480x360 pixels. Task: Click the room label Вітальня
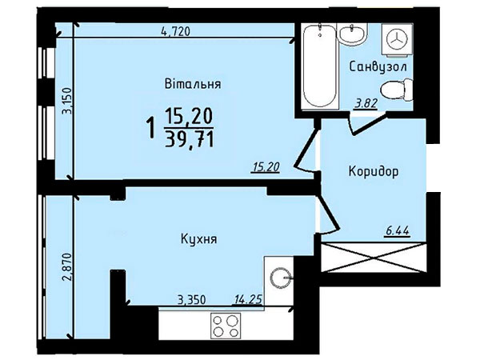click(193, 83)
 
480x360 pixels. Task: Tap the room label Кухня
click(198, 238)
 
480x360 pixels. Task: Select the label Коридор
click(374, 172)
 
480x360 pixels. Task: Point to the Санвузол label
click(378, 66)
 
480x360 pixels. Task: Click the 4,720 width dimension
click(175, 31)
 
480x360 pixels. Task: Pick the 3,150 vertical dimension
click(67, 101)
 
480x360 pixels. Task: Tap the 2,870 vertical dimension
click(67, 266)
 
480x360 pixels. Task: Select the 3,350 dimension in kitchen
click(192, 300)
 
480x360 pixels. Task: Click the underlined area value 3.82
click(366, 104)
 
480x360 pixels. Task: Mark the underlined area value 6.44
click(397, 231)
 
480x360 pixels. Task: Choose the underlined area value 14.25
click(248, 299)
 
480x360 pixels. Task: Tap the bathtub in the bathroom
click(320, 66)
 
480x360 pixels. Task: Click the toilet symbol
click(397, 90)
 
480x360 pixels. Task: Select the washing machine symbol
click(397, 40)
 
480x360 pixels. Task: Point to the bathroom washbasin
click(353, 34)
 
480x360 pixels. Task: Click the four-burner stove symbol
click(226, 326)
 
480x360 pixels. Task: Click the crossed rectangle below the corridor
click(374, 257)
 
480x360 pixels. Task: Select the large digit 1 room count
click(150, 129)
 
